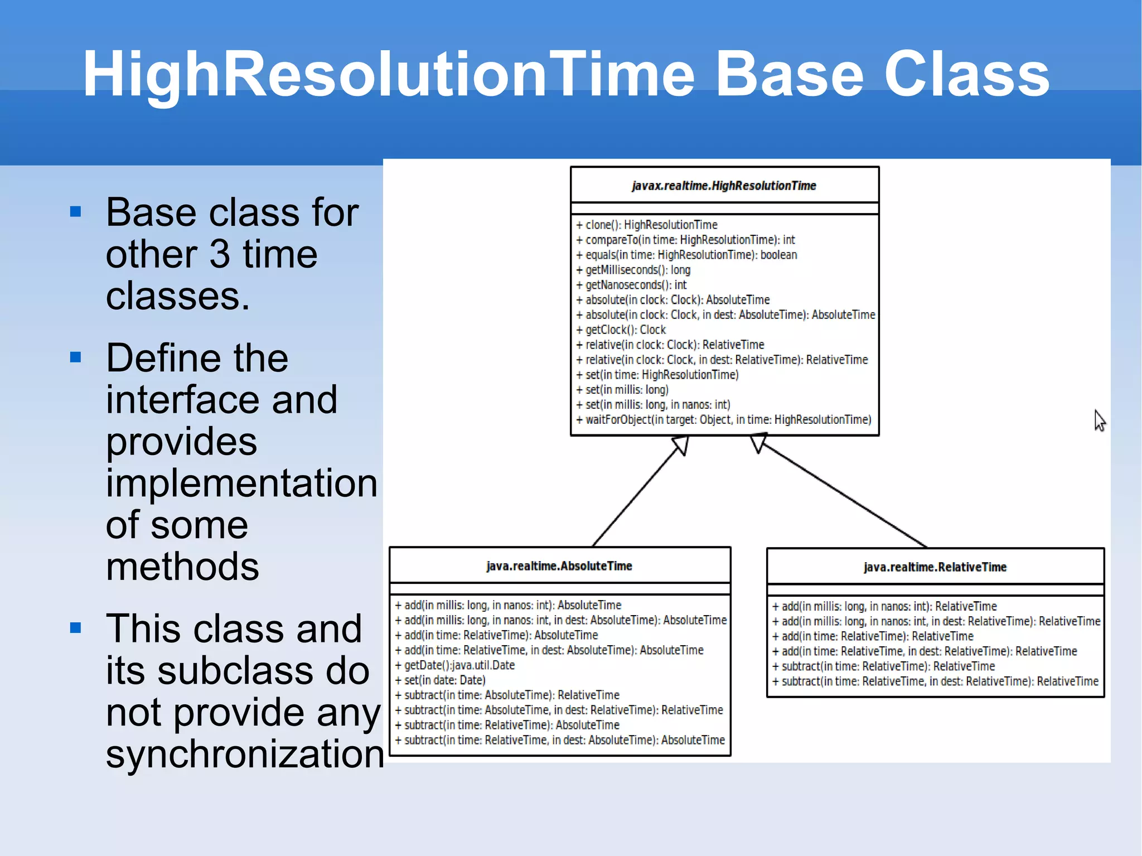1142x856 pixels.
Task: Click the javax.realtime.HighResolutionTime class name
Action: coord(724,186)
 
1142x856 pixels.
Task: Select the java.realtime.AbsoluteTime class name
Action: coord(559,566)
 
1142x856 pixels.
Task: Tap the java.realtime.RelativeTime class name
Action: coord(935,567)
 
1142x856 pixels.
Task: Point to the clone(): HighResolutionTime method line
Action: coord(647,225)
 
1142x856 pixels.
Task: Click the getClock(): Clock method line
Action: coord(621,330)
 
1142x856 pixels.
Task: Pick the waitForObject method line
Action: coord(724,419)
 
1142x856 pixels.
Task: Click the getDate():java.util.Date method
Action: coord(455,665)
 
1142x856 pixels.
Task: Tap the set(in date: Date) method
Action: coord(441,680)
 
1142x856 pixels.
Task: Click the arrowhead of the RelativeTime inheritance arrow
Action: coord(758,443)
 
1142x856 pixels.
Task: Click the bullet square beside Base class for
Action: coord(76,212)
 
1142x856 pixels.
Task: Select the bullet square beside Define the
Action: coord(76,357)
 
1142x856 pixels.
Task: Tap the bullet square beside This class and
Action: coord(76,628)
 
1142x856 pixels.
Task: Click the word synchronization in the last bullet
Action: coord(244,754)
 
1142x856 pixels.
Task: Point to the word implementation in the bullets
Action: coord(241,483)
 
